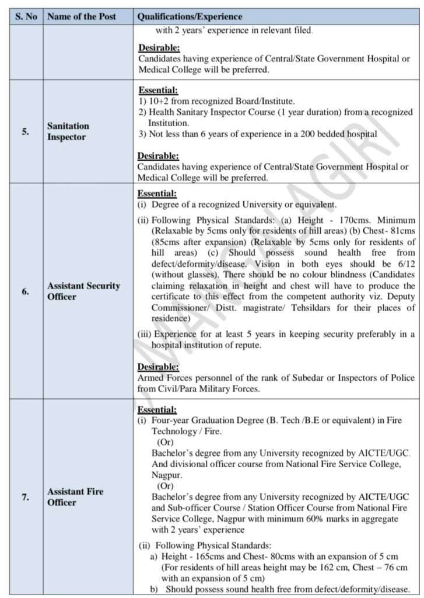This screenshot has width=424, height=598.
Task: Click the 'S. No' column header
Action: (25, 17)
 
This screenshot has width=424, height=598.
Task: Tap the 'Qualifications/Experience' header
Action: (190, 17)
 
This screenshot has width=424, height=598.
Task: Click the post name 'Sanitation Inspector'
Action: (68, 131)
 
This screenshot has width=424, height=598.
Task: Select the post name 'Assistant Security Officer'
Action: (83, 291)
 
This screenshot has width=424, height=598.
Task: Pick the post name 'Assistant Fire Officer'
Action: (75, 497)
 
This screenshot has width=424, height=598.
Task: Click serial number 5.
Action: (26, 131)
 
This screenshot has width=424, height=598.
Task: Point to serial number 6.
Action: (26, 291)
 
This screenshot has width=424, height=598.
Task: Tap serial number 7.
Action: (26, 498)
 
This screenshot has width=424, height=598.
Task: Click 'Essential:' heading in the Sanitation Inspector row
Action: (158, 91)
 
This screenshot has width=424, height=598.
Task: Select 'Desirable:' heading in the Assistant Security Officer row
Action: (158, 367)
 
